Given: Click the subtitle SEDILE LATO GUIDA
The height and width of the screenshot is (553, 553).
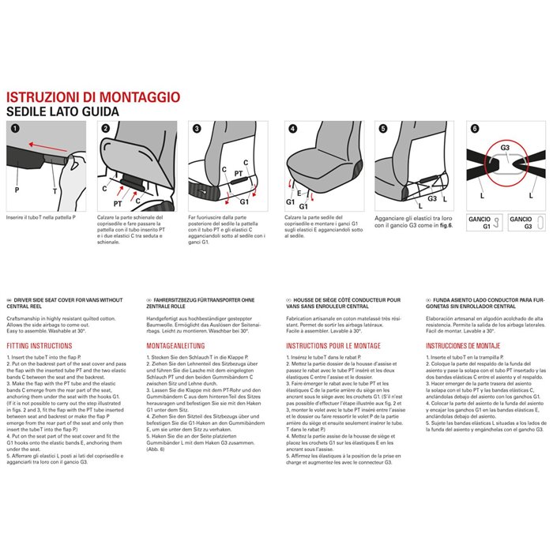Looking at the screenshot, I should (x=62, y=112).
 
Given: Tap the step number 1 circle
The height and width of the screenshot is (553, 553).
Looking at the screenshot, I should (x=15, y=128).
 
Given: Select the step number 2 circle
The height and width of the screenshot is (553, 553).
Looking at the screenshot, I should (x=107, y=128).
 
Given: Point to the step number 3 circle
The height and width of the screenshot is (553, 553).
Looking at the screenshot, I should (x=197, y=128).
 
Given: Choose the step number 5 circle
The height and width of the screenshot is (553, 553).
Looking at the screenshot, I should (x=383, y=128).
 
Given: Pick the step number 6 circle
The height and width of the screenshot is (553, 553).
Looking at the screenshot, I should (x=475, y=128).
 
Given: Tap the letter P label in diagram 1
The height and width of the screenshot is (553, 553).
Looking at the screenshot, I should (x=17, y=190).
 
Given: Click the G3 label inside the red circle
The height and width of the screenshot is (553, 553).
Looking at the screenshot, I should (x=506, y=148).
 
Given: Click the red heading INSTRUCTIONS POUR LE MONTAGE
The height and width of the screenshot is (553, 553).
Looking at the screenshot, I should (x=329, y=346).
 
